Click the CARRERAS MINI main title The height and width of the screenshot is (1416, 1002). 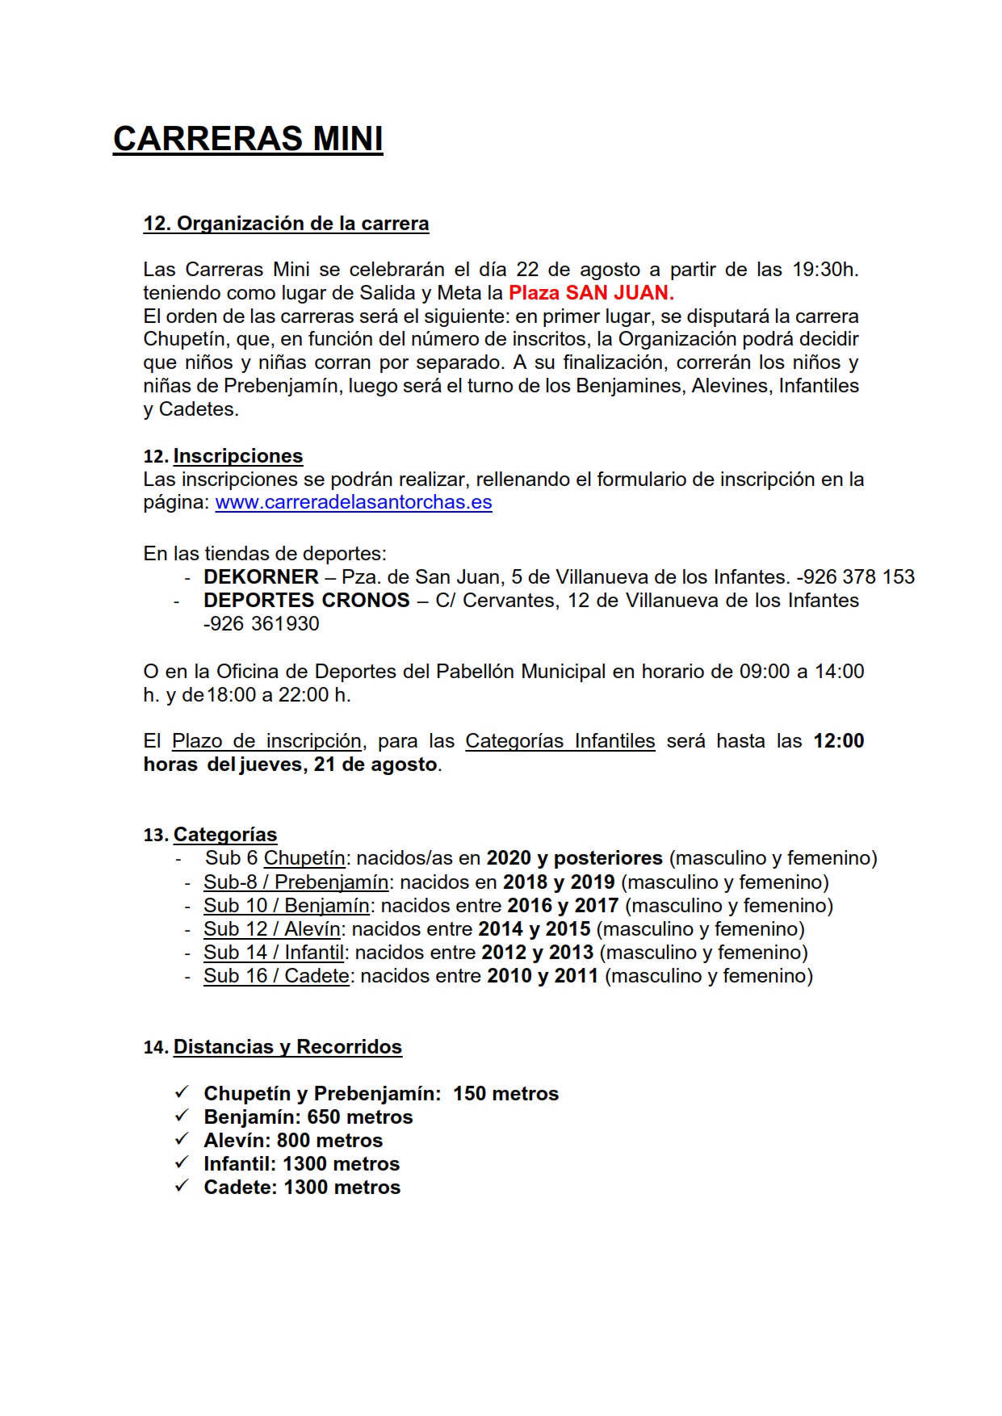(x=247, y=139)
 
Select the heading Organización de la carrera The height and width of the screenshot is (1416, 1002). (x=286, y=224)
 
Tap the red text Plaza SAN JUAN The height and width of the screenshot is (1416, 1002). (x=591, y=292)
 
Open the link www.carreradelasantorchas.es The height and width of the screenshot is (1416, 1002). (x=353, y=502)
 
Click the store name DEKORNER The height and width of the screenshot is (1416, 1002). (x=261, y=577)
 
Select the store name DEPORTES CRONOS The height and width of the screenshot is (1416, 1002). (x=306, y=601)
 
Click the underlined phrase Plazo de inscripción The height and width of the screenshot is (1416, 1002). (x=266, y=741)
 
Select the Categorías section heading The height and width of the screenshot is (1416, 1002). (x=224, y=835)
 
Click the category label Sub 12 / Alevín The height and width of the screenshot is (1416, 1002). (x=271, y=929)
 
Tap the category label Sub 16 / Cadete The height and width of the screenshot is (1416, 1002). (x=276, y=976)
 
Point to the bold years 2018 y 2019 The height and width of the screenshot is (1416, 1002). (x=559, y=882)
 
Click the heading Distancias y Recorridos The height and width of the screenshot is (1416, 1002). (x=287, y=1047)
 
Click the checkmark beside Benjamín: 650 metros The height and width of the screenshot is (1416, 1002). (x=181, y=1116)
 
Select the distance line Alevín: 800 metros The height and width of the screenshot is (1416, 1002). (x=293, y=1141)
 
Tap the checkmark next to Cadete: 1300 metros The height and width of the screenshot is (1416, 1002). (x=181, y=1187)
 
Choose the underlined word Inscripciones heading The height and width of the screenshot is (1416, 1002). (x=237, y=456)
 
